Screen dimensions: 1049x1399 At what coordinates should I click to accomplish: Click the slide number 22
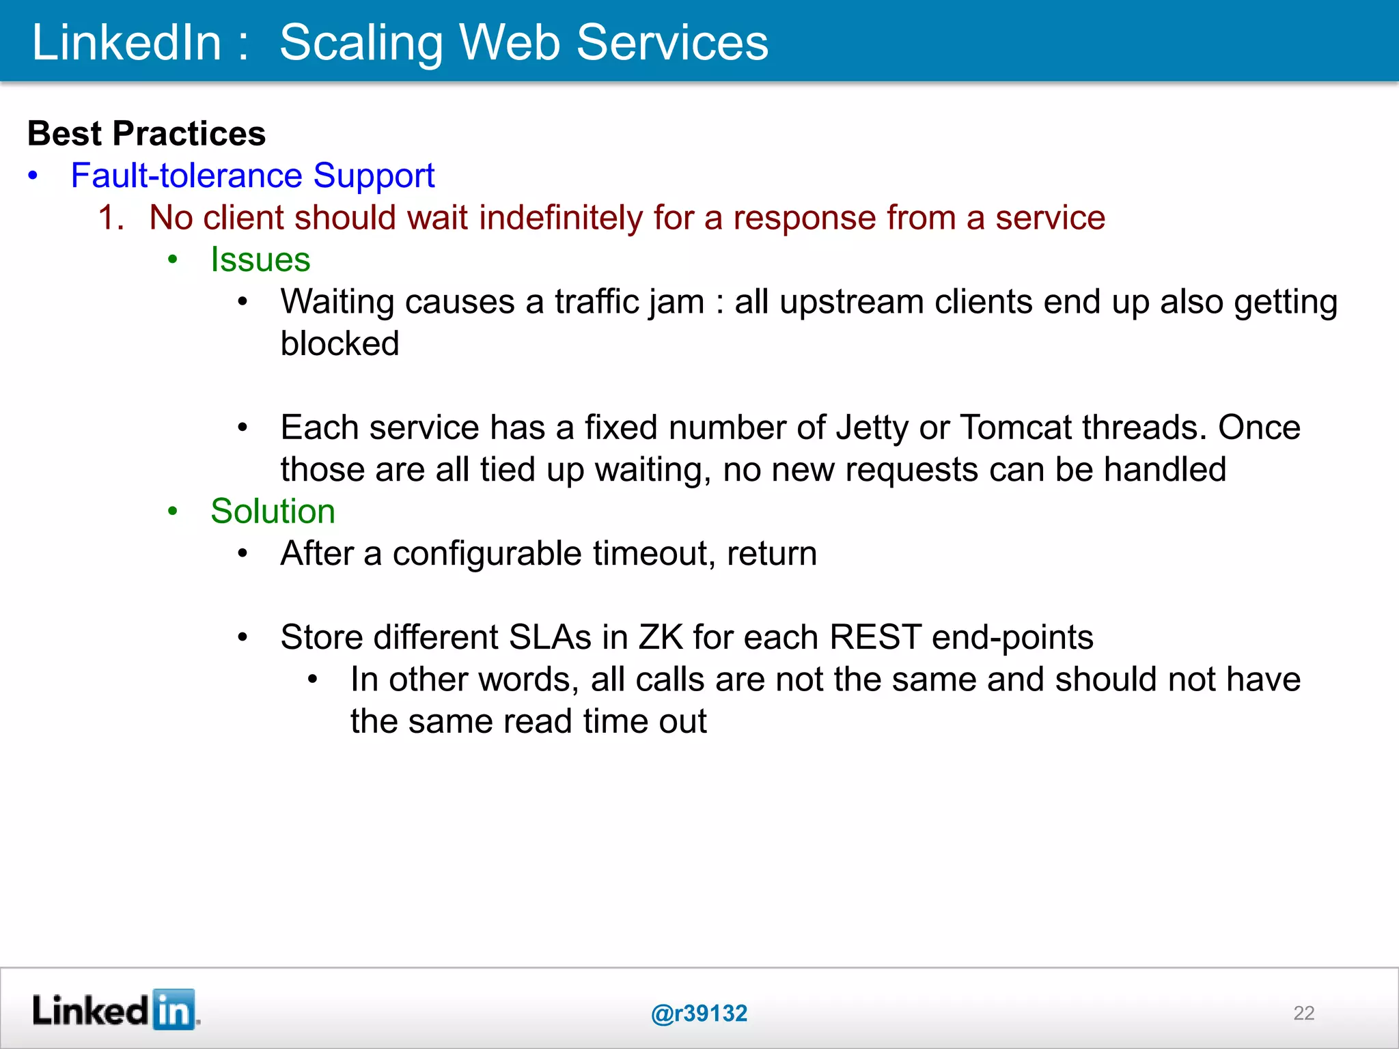pos(1303,1013)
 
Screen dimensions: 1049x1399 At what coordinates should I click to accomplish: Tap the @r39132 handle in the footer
pos(699,1013)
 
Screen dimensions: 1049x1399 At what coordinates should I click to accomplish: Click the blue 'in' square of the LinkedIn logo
pos(174,1009)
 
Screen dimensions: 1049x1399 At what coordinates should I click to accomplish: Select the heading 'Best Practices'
pos(146,133)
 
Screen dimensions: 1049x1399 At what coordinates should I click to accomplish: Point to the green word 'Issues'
pos(260,260)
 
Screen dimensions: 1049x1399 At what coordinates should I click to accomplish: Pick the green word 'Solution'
pos(273,512)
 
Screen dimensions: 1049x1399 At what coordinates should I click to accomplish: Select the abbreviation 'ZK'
pos(661,637)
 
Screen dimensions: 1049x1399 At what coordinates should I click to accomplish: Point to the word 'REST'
pos(875,637)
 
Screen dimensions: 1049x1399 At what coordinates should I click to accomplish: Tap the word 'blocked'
pos(340,344)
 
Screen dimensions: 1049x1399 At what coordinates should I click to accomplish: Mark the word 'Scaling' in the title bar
pos(362,43)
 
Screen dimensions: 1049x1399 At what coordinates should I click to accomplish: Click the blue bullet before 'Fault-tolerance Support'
pos(33,176)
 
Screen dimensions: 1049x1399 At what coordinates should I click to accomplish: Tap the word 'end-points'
pos(1012,638)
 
